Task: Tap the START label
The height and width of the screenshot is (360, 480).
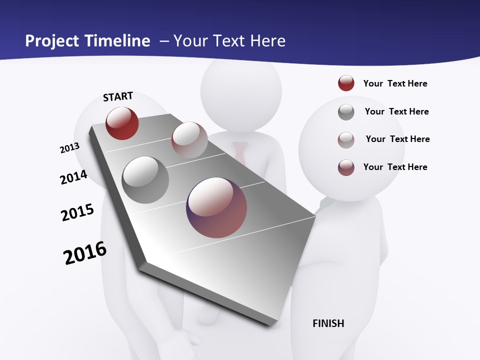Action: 118,96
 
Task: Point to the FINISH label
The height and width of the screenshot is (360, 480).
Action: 328,323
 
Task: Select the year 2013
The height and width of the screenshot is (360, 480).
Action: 70,148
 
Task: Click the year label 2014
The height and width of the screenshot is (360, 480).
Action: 74,177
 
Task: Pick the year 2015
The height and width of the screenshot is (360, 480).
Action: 77,212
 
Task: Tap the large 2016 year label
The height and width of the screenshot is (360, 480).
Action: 85,253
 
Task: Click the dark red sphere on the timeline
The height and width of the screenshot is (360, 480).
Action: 122,123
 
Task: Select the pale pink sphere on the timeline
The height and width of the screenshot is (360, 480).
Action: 189,139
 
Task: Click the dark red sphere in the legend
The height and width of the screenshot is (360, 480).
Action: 346,83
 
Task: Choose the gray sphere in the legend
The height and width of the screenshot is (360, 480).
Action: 346,112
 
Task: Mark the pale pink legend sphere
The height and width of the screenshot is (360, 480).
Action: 346,139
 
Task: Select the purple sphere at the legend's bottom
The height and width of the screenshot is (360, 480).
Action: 346,167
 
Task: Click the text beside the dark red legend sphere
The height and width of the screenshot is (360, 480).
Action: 395,84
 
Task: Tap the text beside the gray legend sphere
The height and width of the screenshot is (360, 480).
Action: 396,111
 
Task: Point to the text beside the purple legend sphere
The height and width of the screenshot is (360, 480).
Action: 395,167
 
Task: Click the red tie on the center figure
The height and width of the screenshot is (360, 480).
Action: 240,152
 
